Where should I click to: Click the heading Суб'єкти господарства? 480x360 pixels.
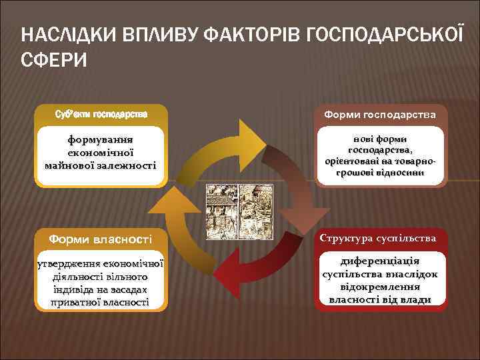(x=101, y=114)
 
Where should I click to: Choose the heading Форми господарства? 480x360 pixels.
(x=381, y=115)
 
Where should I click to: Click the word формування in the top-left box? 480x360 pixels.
(x=101, y=141)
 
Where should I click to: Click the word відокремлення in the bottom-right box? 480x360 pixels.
(x=381, y=287)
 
